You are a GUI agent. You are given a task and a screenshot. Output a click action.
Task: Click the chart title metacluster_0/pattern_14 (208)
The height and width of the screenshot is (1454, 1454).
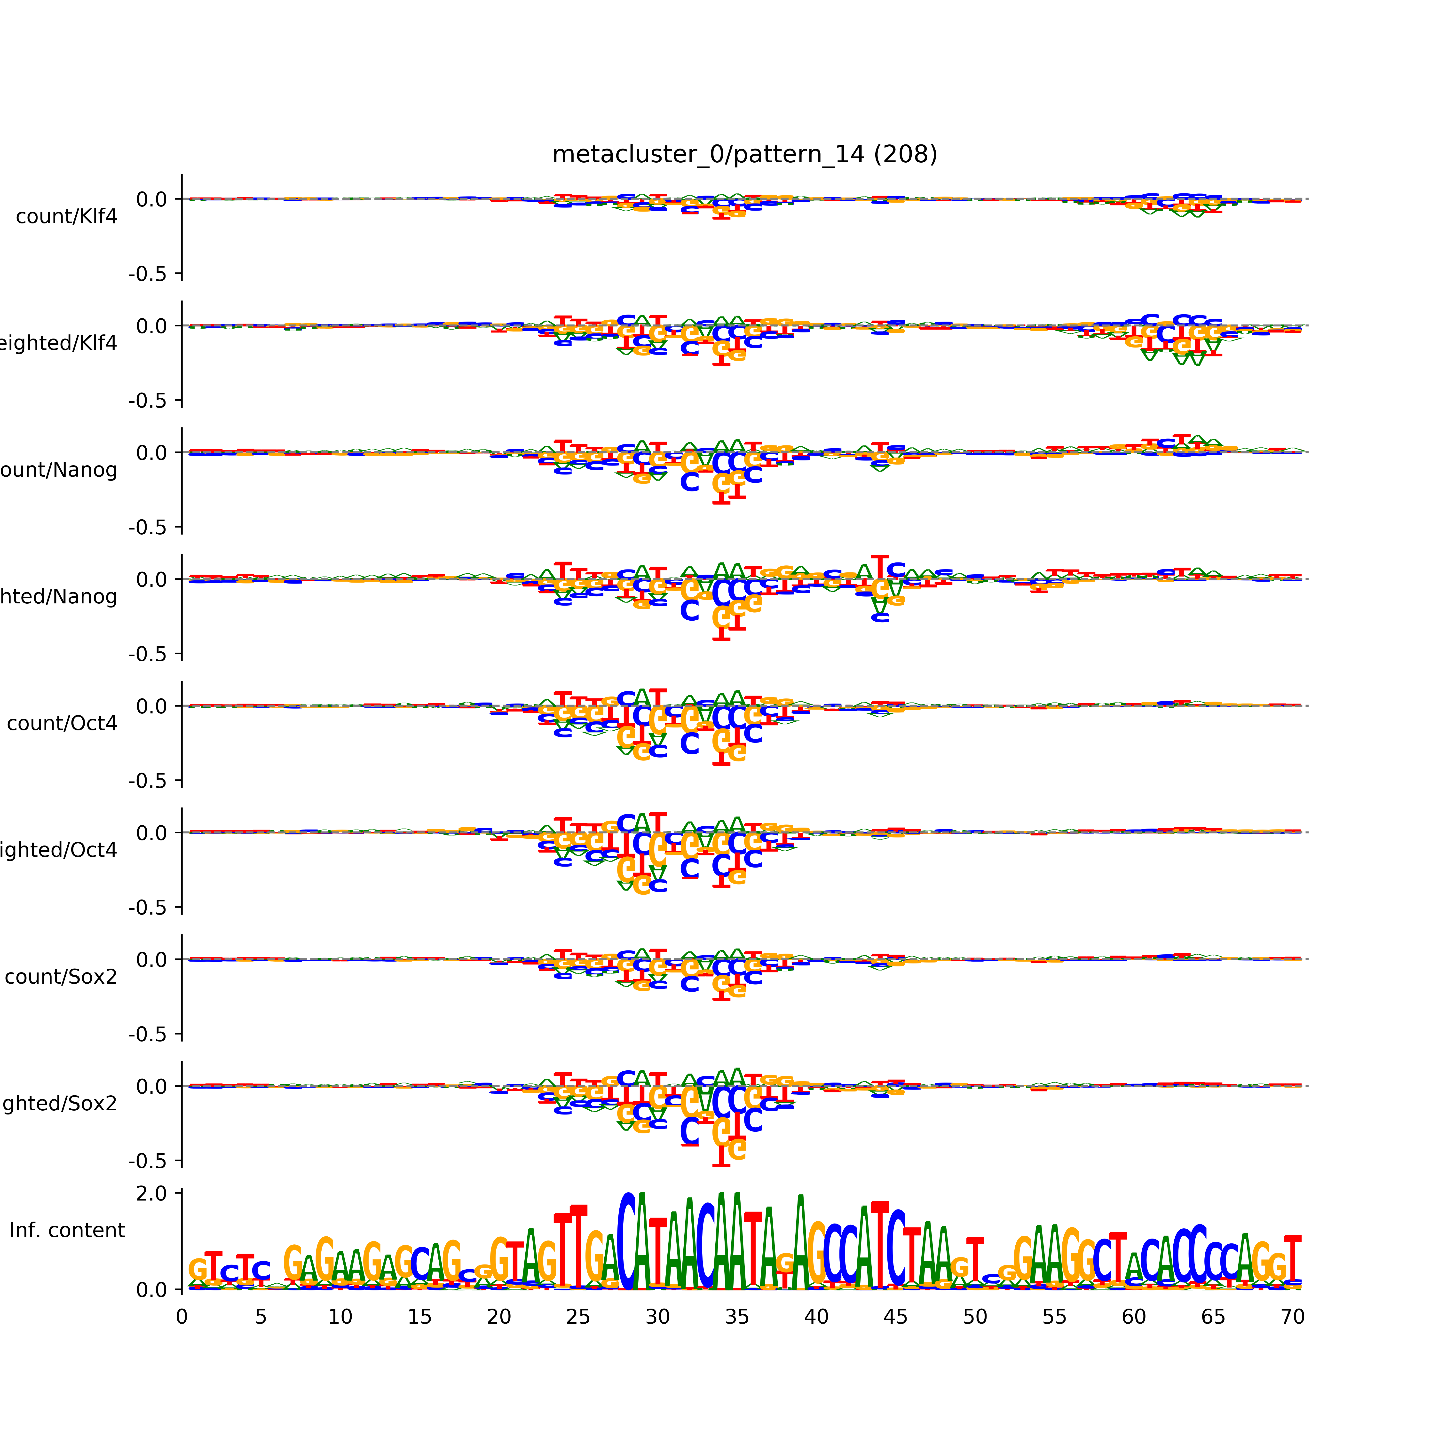(x=744, y=154)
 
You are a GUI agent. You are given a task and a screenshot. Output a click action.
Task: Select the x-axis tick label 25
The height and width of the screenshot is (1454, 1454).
(x=578, y=1317)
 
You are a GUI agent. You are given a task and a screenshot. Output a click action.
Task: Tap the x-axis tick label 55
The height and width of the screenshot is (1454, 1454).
(x=1054, y=1317)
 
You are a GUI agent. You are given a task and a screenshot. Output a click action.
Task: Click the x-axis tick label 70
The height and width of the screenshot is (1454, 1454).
(x=1292, y=1317)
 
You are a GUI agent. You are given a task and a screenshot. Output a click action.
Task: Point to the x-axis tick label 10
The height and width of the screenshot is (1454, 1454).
(x=340, y=1317)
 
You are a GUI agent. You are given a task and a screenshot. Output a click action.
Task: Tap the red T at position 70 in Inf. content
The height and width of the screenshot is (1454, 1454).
(x=1292, y=1258)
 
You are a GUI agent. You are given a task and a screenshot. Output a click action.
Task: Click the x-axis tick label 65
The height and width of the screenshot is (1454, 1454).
(x=1213, y=1317)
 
